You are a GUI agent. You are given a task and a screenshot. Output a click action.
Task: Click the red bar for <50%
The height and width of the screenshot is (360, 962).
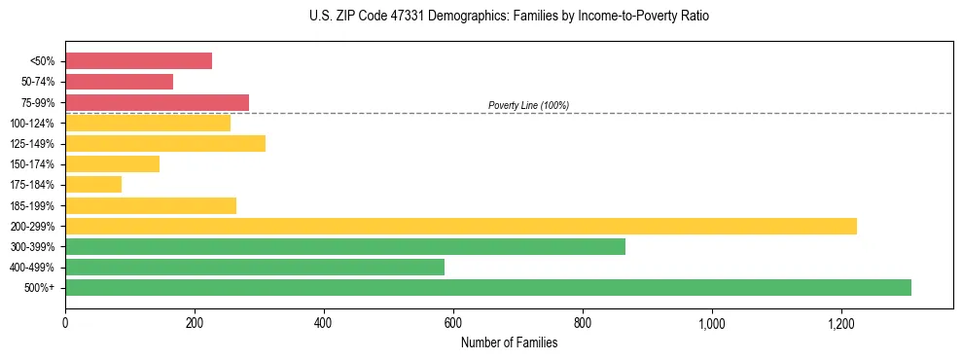(x=138, y=61)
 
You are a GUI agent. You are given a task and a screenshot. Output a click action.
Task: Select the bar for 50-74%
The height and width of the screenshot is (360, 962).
(x=119, y=82)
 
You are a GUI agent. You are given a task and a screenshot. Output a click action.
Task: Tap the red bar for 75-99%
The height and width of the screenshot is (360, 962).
(x=157, y=102)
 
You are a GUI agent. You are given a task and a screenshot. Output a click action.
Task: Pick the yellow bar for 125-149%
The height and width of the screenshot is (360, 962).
(x=165, y=144)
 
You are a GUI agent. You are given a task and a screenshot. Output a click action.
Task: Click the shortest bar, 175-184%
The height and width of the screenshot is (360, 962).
(x=93, y=185)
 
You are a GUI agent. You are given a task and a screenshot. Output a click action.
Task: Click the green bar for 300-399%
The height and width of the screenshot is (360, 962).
(x=345, y=247)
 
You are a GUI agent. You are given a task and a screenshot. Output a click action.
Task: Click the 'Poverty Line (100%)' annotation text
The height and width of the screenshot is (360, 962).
(x=528, y=105)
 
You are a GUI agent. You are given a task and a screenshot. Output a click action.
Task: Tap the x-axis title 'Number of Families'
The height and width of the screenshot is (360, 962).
(x=509, y=342)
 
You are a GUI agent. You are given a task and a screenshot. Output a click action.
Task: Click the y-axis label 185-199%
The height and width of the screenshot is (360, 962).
(x=32, y=206)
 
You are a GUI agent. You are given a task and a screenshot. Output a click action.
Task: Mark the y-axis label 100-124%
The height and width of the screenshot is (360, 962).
(x=32, y=124)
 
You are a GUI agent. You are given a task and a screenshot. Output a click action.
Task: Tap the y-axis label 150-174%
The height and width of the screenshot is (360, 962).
(x=32, y=164)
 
